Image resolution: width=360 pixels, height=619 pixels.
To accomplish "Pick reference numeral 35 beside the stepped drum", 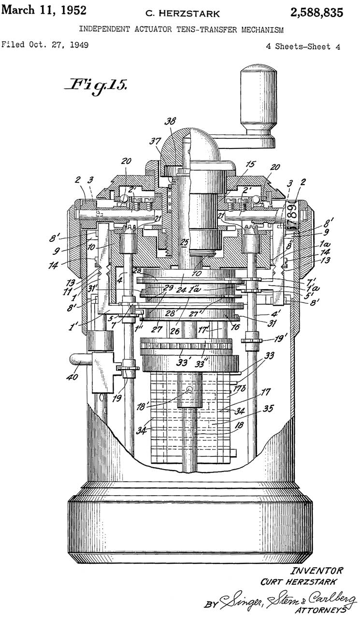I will pos(267,408).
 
